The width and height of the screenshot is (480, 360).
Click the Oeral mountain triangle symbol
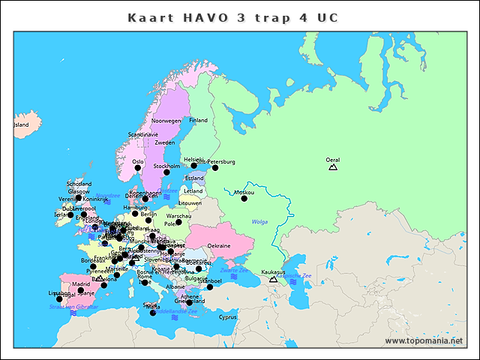(x=333, y=166)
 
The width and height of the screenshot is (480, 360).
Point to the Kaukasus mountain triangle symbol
(x=273, y=279)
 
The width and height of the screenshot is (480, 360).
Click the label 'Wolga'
(x=259, y=222)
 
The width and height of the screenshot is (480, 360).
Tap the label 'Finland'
(x=198, y=120)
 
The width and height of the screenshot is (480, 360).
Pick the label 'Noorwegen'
(x=166, y=120)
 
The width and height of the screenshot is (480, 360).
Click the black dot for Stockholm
(x=166, y=172)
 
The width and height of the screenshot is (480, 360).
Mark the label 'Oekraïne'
(x=219, y=245)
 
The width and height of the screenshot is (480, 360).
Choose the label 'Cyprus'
(x=227, y=316)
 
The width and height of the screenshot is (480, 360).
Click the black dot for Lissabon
(x=59, y=299)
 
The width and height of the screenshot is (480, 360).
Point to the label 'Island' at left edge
(x=21, y=124)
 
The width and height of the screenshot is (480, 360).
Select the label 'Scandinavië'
(x=143, y=134)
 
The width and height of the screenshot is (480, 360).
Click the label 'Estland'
(x=193, y=178)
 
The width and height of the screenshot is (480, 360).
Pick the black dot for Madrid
(x=81, y=290)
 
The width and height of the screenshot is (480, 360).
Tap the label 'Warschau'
(x=178, y=216)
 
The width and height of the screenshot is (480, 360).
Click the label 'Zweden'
(x=165, y=142)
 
